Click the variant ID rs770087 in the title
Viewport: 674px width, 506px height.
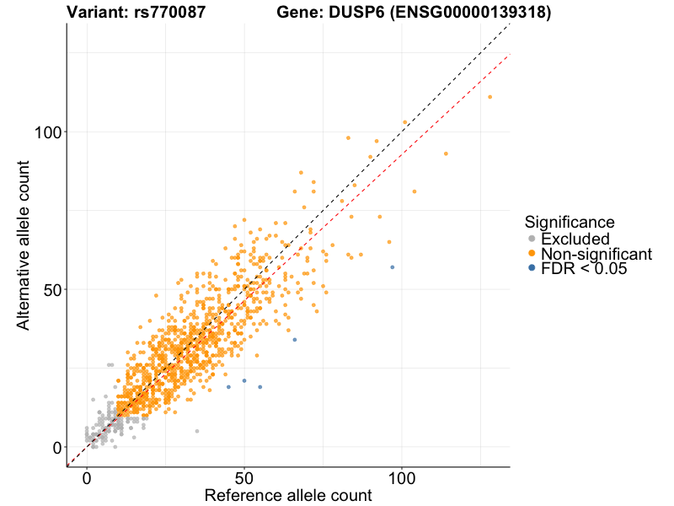(x=169, y=13)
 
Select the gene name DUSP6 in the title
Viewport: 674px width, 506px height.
(x=354, y=13)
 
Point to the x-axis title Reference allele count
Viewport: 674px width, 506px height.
(x=288, y=496)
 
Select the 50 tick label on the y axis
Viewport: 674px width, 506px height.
(x=50, y=289)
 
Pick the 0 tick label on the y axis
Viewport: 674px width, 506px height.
(x=56, y=447)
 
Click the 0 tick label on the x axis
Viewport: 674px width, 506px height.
(x=87, y=478)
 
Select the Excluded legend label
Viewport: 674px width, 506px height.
(x=575, y=239)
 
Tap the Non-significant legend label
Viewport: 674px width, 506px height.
(x=596, y=254)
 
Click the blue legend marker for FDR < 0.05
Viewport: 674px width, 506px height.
(x=531, y=269)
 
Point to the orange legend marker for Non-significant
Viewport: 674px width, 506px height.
(x=531, y=254)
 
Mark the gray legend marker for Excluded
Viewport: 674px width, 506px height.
(x=531, y=239)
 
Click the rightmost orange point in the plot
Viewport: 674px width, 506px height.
(x=489, y=97)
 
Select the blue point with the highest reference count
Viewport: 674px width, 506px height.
(x=392, y=267)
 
